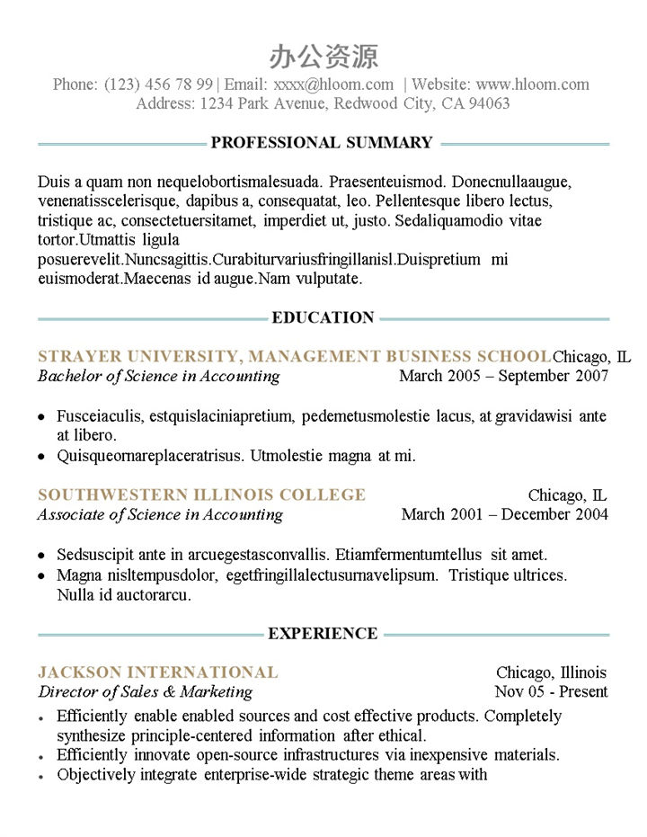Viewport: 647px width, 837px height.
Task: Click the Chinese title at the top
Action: click(x=323, y=57)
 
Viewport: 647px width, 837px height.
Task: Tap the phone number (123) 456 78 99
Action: click(x=159, y=85)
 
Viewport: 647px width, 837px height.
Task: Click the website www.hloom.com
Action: click(x=533, y=85)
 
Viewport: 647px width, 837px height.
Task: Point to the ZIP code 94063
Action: click(x=488, y=103)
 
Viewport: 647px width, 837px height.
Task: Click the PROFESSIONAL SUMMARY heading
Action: click(x=322, y=143)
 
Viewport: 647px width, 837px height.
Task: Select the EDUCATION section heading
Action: click(x=323, y=317)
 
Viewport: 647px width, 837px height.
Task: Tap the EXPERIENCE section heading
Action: click(x=323, y=634)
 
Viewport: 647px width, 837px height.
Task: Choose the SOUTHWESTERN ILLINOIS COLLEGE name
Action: click(x=202, y=494)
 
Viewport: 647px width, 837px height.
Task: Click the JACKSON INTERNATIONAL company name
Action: click(x=158, y=672)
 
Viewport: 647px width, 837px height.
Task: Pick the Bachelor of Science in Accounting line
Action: click(x=159, y=376)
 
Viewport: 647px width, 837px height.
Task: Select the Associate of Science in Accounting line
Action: click(x=160, y=514)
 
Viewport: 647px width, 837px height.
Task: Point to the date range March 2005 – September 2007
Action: click(x=503, y=376)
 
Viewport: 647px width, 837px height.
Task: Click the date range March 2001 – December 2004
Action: click(x=504, y=514)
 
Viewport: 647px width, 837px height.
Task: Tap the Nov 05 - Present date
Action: click(x=551, y=692)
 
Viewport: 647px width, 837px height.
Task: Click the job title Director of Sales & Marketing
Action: click(x=146, y=692)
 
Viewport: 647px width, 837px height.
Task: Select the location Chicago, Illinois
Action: click(x=551, y=672)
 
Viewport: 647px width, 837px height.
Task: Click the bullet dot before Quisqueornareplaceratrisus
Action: click(x=42, y=457)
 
